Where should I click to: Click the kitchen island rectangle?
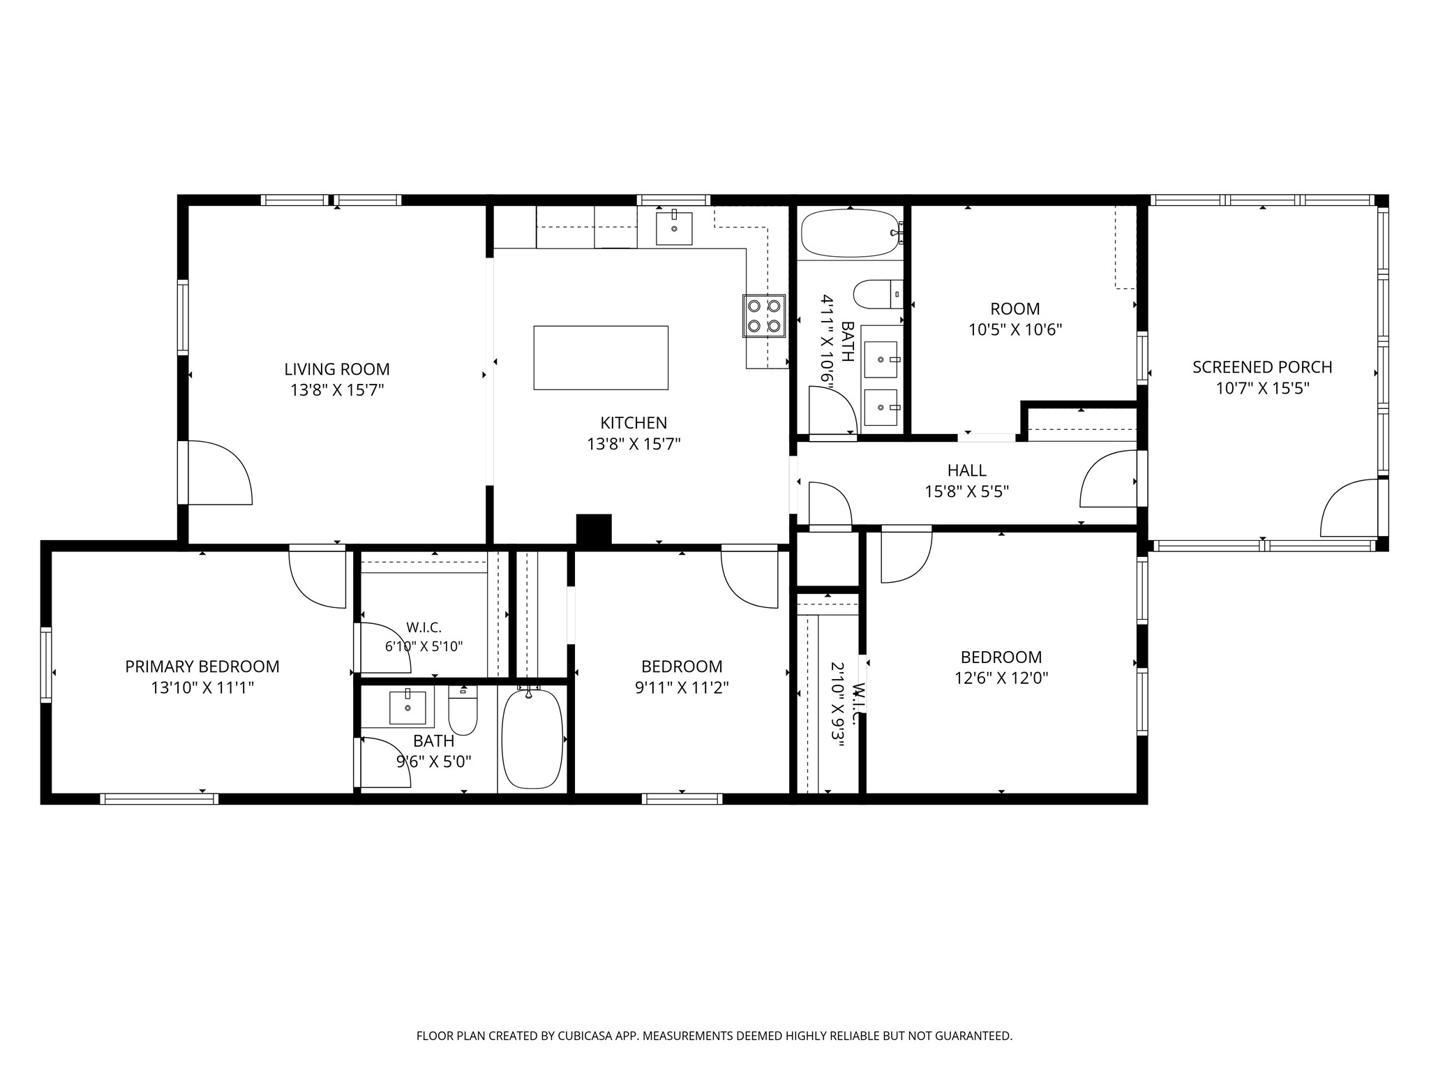tap(601, 357)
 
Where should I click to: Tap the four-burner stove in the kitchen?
tap(763, 315)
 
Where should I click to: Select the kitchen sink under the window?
tap(674, 228)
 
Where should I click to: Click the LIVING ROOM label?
tap(337, 369)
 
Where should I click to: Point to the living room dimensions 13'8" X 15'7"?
tap(338, 390)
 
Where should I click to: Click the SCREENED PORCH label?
tap(1262, 367)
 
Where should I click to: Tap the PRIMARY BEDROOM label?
tap(202, 667)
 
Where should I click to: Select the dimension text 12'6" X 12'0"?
tap(1001, 678)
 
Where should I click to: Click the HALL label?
tap(967, 470)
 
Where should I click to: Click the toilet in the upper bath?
tap(878, 294)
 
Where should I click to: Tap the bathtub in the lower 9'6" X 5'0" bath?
tap(532, 738)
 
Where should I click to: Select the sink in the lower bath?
tap(407, 708)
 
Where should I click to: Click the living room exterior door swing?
tap(220, 472)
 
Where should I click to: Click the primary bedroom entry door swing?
tap(317, 579)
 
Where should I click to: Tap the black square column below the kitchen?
tap(594, 529)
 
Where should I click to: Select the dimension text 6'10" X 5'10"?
tap(424, 646)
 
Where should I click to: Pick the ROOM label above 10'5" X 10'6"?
tap(1015, 308)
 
